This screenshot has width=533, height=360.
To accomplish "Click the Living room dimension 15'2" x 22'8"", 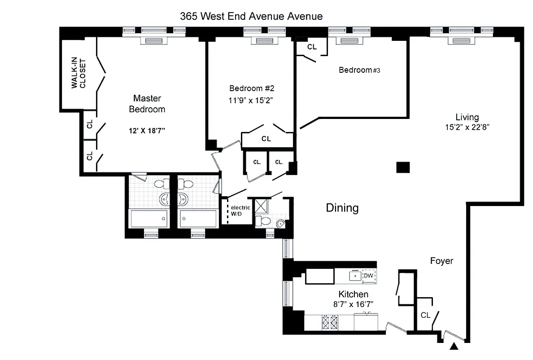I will (467, 127).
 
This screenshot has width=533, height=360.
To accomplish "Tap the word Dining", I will (342, 208).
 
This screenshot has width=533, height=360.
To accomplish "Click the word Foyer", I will (441, 261).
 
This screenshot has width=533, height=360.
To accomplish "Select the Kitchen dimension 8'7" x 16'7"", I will (353, 304).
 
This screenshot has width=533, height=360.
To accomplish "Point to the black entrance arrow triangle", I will (454, 346).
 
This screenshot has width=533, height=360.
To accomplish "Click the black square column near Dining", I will (403, 167).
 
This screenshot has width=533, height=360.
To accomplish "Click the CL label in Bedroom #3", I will (312, 47).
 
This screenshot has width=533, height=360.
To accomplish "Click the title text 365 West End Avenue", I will (251, 17).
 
